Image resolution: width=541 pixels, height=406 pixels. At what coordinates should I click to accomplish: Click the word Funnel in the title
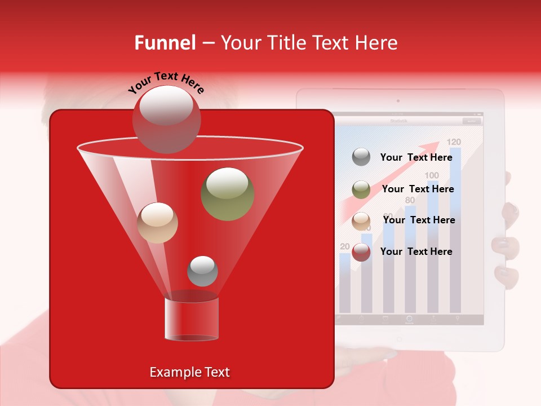point(165,43)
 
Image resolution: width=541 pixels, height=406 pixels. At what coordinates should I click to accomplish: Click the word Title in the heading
point(287,43)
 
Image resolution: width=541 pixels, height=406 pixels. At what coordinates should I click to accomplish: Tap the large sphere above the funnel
point(166,119)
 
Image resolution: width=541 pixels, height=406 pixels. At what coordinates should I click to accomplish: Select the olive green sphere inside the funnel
point(227,193)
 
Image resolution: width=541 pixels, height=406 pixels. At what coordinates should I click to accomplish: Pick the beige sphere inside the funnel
point(157,223)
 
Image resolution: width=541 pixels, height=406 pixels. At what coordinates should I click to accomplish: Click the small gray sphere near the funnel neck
point(202,271)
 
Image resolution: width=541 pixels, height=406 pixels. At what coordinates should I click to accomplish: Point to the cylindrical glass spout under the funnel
point(191,319)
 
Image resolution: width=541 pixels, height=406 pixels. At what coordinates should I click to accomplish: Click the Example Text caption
point(189,372)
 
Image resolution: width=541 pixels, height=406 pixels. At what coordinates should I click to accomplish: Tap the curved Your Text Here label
point(166,82)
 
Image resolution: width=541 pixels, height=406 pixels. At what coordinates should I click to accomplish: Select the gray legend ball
point(361,157)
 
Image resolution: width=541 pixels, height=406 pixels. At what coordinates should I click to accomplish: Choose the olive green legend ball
point(361,189)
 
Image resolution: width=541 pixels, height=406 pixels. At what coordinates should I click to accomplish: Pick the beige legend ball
point(361,221)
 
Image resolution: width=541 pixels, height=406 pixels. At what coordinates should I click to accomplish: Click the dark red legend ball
point(361,252)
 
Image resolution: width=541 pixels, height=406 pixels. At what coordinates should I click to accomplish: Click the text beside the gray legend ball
point(416,157)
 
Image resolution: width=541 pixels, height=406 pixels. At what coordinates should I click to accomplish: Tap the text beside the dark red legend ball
point(416,251)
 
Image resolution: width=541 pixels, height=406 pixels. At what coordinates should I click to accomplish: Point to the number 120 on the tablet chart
point(454,142)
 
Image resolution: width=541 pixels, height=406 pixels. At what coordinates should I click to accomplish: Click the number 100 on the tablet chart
point(432,175)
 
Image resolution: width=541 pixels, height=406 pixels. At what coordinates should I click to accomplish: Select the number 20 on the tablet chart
point(345,246)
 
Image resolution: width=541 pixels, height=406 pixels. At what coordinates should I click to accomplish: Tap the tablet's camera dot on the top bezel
point(398,101)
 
